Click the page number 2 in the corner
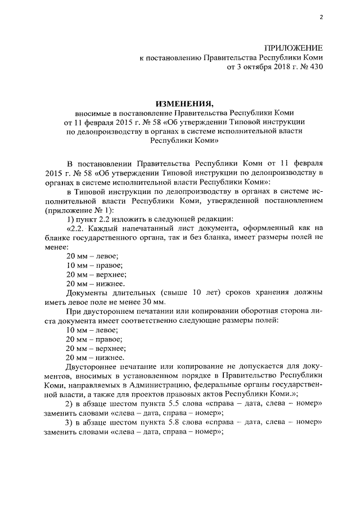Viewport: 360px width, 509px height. coord(321,17)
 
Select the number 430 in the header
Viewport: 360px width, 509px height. coord(316,67)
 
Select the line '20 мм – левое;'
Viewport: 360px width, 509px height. coord(88,256)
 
